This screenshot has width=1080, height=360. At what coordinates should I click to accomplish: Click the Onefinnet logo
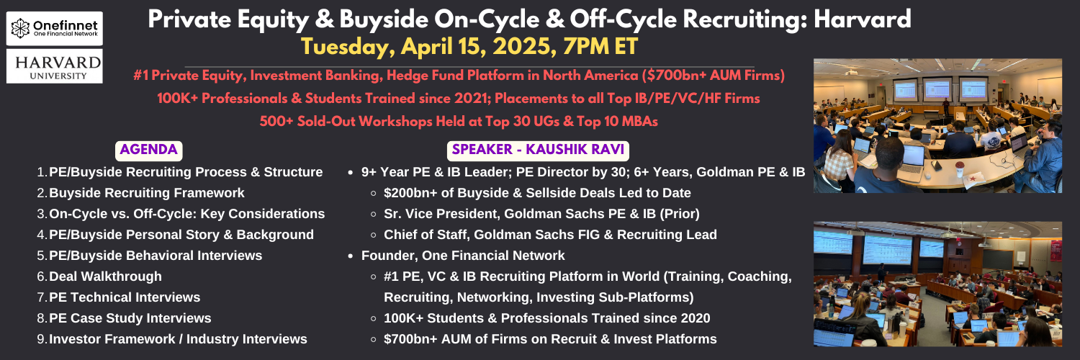(x=55, y=28)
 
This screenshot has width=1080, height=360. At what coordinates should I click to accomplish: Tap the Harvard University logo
(x=55, y=66)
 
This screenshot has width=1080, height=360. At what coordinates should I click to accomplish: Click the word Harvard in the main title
(x=862, y=19)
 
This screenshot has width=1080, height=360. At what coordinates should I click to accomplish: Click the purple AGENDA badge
(x=148, y=150)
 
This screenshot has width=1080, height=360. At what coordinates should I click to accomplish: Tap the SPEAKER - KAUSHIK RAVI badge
(x=538, y=150)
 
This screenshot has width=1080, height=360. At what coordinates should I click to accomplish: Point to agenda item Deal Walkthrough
(x=106, y=276)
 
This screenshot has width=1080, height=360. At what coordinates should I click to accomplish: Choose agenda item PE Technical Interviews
(x=125, y=297)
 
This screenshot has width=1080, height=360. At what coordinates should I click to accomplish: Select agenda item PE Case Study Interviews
(x=130, y=318)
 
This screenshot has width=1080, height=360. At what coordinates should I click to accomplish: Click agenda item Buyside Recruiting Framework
(x=147, y=193)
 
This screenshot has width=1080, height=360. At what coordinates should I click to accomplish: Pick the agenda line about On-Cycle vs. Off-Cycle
(x=187, y=214)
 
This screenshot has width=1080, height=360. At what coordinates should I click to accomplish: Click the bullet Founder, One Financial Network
(x=463, y=256)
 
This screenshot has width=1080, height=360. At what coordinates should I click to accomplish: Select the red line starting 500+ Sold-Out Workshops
(x=459, y=121)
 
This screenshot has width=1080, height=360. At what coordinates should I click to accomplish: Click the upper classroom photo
(x=937, y=126)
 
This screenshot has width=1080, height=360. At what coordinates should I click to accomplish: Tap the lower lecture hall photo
(x=937, y=284)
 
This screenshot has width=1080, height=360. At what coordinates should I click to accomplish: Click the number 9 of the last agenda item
(x=41, y=339)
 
